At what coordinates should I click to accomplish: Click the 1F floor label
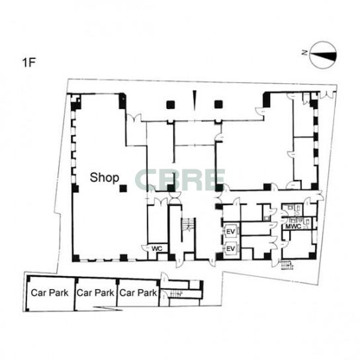(x=28, y=62)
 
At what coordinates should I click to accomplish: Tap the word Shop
(x=105, y=177)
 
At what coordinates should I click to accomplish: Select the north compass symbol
(x=323, y=55)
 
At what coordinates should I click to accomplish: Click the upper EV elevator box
(x=231, y=232)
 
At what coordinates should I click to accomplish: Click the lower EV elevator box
(x=231, y=249)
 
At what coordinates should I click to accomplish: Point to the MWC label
(x=293, y=226)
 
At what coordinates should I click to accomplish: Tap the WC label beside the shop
(x=157, y=248)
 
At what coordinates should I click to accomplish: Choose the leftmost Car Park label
(x=50, y=292)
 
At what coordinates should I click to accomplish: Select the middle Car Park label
(x=95, y=292)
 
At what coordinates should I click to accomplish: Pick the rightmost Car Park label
(x=138, y=292)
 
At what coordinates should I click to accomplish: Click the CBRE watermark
(x=180, y=179)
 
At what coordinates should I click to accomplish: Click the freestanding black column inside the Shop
(x=123, y=189)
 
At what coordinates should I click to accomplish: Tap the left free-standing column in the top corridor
(x=171, y=105)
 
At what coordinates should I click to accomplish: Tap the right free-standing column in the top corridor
(x=218, y=105)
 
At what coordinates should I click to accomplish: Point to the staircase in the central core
(x=188, y=224)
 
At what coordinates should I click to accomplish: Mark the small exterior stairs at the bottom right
(x=287, y=265)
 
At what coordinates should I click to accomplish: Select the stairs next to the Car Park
(x=175, y=293)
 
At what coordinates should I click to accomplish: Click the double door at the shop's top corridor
(x=134, y=117)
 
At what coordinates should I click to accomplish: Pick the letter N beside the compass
(x=304, y=53)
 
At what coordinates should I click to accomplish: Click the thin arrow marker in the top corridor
(x=195, y=101)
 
